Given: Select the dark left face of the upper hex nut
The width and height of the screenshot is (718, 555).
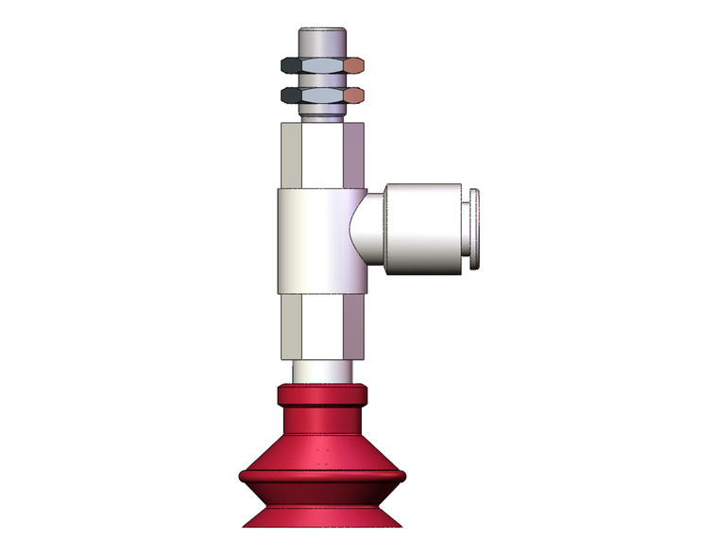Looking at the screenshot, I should point(292,65).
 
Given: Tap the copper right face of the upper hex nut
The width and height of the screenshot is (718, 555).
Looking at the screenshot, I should point(354,65).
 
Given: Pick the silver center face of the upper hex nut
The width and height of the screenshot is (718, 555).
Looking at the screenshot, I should point(322,65).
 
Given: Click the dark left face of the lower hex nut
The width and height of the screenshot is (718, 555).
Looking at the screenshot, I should point(292,95).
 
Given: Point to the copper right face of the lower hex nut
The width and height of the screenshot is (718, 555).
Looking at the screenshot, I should point(354,95).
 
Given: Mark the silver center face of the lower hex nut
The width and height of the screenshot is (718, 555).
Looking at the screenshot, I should point(322,95).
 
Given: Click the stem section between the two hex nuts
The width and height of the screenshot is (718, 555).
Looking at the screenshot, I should point(322,80).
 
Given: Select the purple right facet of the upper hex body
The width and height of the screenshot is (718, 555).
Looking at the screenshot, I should point(351,155).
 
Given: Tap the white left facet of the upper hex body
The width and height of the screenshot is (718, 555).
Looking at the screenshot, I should point(292,155).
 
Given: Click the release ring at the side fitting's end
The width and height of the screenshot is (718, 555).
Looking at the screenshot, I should point(474,230).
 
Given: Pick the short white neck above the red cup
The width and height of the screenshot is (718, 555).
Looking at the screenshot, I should point(321,371).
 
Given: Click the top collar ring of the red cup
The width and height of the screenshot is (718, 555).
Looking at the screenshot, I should point(321,394).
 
